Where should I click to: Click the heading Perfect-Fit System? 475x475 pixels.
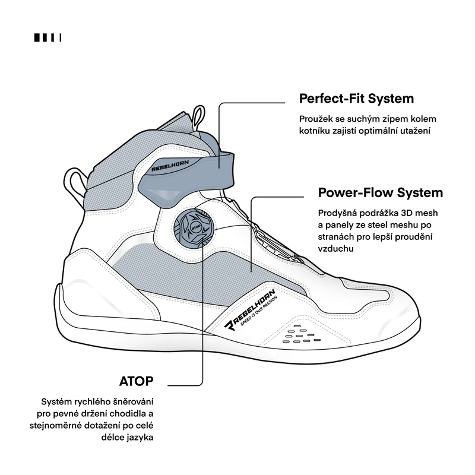point(356,99)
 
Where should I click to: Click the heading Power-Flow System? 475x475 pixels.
point(381,192)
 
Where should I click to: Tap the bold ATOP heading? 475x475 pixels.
point(137,381)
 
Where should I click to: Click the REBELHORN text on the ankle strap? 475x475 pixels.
point(170,166)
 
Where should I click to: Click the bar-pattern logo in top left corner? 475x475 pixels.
point(47,37)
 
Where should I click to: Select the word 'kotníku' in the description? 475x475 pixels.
point(315,131)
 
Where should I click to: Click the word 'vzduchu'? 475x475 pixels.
point(335,249)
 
